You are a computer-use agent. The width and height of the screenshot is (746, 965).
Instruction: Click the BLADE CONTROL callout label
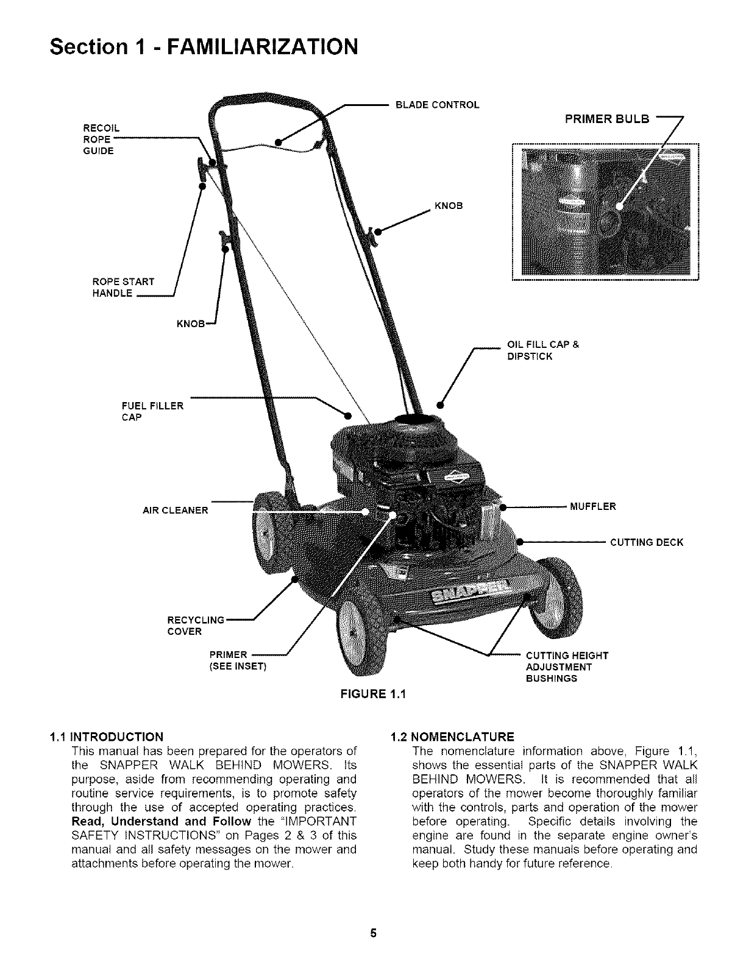tap(438, 105)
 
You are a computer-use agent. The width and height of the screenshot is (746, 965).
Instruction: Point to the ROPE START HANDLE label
tap(123, 287)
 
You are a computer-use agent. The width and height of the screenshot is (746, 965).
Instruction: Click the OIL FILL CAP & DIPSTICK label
tap(543, 350)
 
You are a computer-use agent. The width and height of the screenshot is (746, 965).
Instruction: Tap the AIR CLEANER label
tap(176, 510)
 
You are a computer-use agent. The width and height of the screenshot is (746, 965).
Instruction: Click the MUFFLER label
tap(592, 506)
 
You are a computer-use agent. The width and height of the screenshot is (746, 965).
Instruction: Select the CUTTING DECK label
tap(647, 542)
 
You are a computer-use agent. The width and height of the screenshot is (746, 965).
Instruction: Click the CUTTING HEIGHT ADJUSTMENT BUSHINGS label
tap(566, 666)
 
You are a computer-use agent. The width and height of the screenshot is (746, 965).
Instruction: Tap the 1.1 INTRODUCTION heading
tap(107, 736)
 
